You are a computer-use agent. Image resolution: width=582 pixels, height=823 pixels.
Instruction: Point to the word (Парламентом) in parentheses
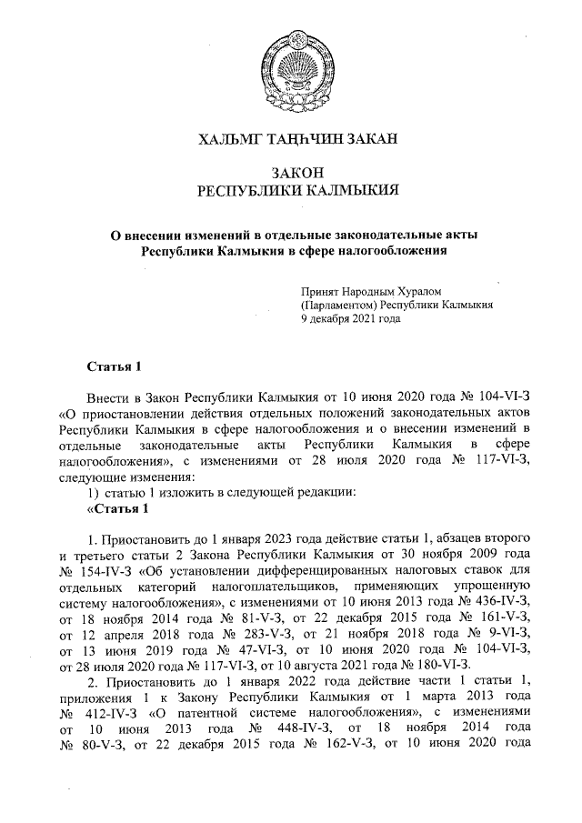(x=338, y=306)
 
